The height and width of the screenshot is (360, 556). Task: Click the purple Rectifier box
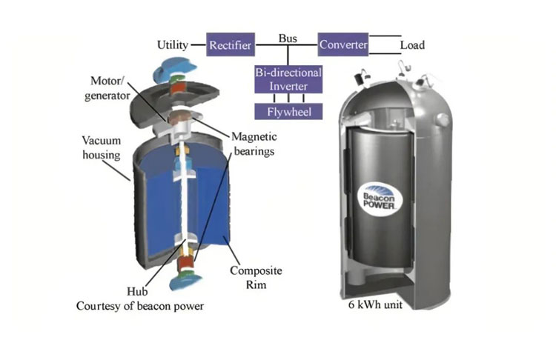pos(230,46)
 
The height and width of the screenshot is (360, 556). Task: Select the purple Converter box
pos(342,45)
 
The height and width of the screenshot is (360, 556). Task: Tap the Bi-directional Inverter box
pos(288,80)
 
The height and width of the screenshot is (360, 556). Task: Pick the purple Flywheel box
pos(288,112)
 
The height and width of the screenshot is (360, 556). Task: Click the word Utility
pos(173,46)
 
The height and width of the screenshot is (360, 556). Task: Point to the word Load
pos(412,46)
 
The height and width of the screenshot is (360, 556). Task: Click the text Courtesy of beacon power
pos(140,307)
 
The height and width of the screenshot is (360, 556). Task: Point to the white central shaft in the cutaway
pos(180,200)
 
